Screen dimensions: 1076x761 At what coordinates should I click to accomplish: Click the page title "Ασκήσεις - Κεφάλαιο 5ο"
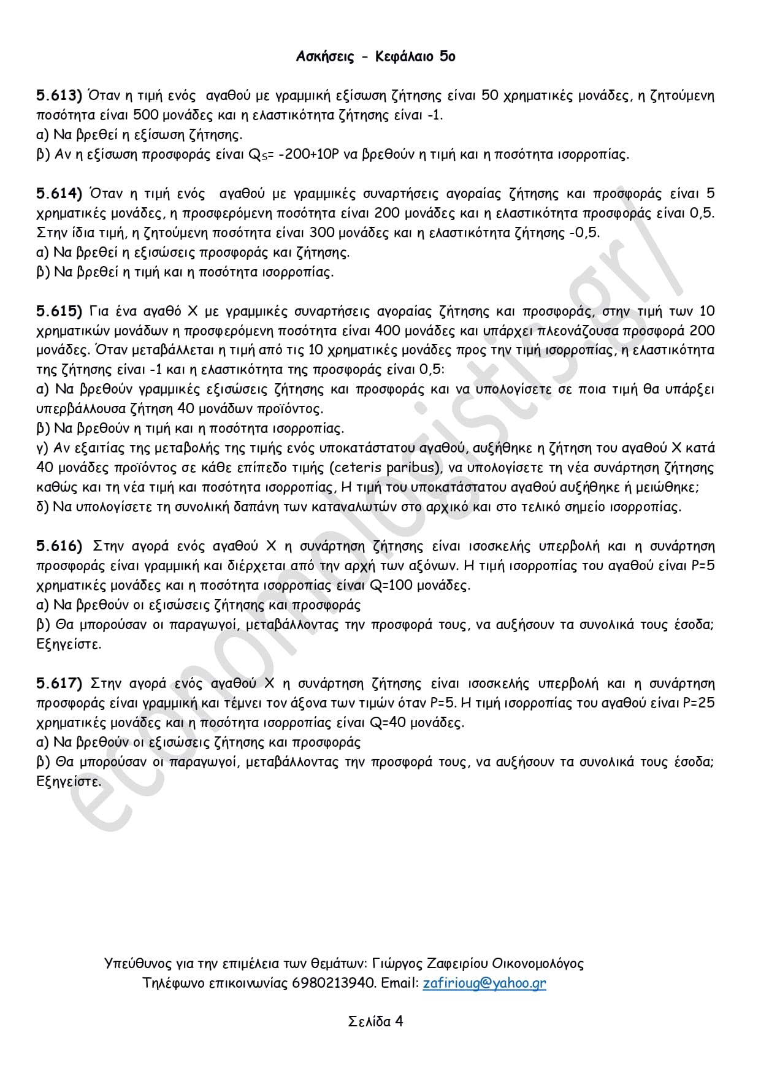pos(375,57)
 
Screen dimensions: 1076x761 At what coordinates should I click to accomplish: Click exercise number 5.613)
pos(59,96)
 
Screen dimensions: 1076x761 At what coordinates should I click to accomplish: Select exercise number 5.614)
pos(59,194)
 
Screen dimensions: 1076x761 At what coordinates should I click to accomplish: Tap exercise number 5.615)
pos(59,311)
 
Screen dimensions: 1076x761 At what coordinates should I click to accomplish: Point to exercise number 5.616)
pos(59,546)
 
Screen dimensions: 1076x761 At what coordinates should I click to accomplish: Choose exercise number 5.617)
pos(59,684)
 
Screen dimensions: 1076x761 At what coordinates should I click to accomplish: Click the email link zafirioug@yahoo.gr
pos(484,983)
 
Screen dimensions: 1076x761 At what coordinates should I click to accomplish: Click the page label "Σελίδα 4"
pos(375,1021)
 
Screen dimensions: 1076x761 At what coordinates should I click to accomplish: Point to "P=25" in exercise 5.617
pos(698,703)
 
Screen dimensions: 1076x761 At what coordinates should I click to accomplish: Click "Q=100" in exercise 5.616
pos(392,586)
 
